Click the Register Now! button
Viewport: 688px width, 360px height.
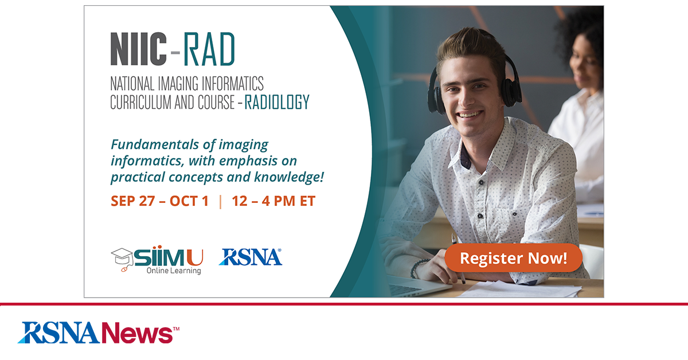pyautogui.click(x=513, y=259)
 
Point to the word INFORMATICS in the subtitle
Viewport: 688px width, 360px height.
pyautogui.click(x=225, y=84)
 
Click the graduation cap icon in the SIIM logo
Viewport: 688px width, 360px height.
pyautogui.click(x=122, y=256)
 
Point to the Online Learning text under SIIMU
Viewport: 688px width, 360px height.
pyautogui.click(x=173, y=271)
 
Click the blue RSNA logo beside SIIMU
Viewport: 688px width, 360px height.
pyautogui.click(x=250, y=257)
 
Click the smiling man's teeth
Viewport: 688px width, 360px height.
pyautogui.click(x=471, y=114)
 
